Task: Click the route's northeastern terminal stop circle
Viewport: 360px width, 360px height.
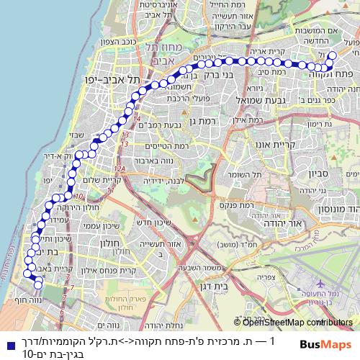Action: point(332,55)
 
